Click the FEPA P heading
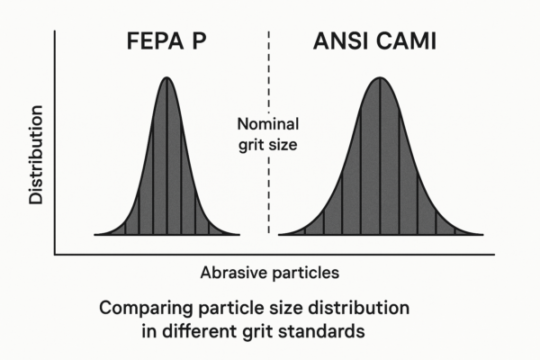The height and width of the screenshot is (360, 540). (x=166, y=41)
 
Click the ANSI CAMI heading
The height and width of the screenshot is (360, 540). (x=374, y=41)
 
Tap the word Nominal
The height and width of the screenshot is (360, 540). (x=268, y=124)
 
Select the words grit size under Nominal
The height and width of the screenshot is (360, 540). (x=268, y=145)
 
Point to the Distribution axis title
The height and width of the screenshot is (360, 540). (x=36, y=155)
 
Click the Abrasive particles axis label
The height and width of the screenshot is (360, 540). (x=270, y=273)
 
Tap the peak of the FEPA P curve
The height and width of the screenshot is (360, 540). (x=166, y=77)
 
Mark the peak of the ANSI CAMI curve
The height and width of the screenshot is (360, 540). (x=380, y=77)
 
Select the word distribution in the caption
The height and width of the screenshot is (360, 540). (x=358, y=308)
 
